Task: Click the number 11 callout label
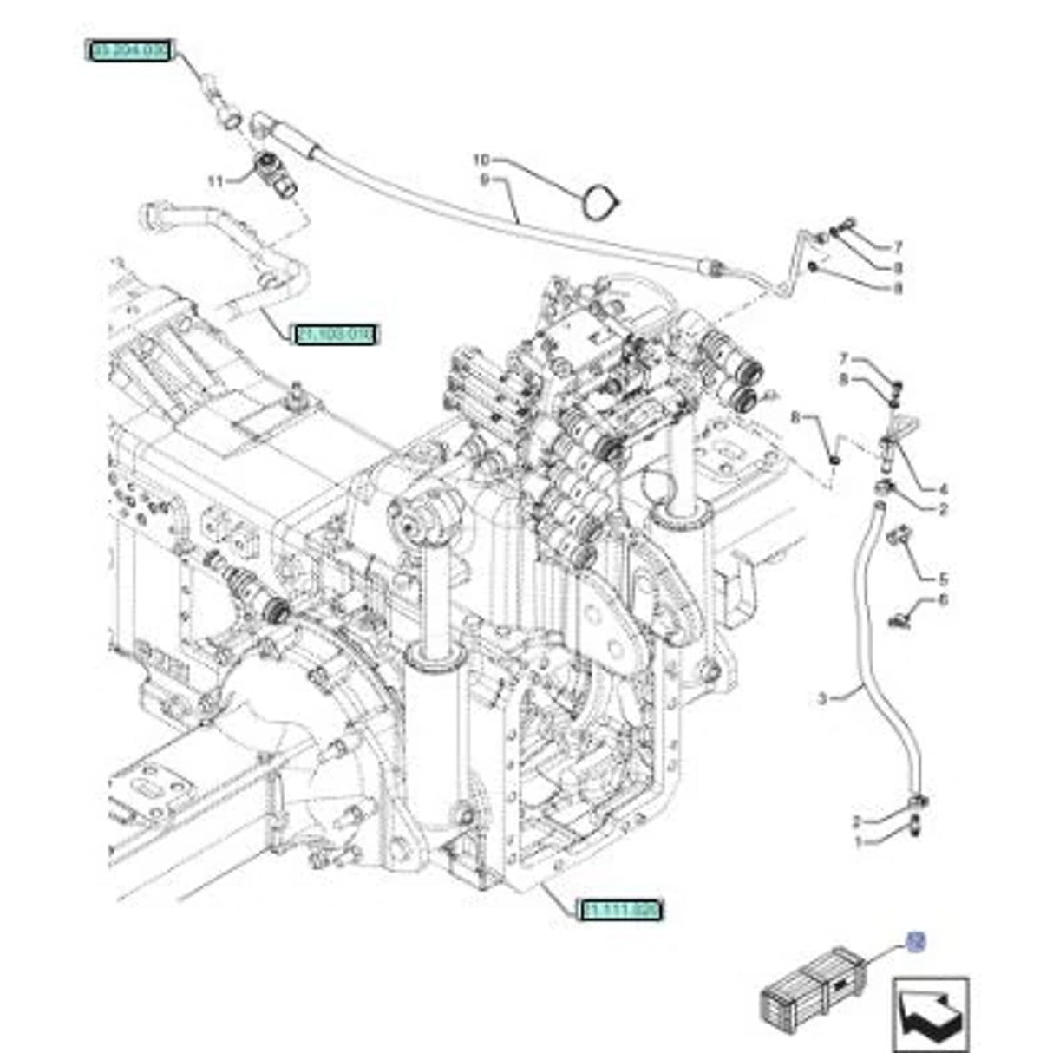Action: (x=215, y=180)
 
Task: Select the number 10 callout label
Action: (x=481, y=160)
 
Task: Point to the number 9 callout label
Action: (x=485, y=180)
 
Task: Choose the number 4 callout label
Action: (x=943, y=489)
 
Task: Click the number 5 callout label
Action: (x=943, y=579)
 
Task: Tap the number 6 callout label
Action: (x=943, y=599)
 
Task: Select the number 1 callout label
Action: (x=857, y=841)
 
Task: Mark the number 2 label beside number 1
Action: (x=857, y=821)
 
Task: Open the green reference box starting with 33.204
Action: (x=128, y=51)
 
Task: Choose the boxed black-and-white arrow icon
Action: (x=931, y=1014)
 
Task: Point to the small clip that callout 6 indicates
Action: (x=900, y=618)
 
